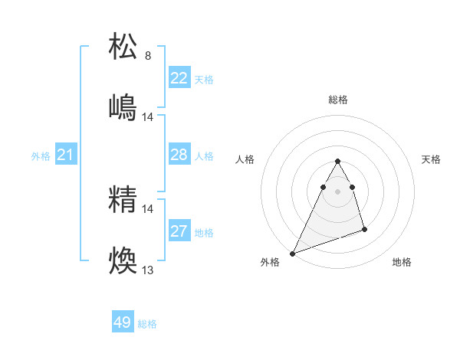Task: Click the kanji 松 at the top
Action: tap(124, 47)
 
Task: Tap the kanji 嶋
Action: tap(124, 108)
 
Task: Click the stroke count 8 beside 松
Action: tap(148, 56)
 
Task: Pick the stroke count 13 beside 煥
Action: tap(148, 270)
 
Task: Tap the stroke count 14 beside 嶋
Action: tap(148, 117)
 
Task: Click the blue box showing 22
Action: tap(179, 78)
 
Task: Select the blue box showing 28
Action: tap(179, 155)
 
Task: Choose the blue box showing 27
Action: tap(179, 231)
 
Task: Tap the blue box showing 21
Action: tap(66, 155)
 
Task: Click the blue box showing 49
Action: tap(123, 323)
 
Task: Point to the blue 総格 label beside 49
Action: tap(147, 324)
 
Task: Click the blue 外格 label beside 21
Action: tap(41, 156)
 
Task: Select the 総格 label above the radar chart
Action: tap(338, 100)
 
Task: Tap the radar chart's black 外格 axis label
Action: tap(271, 262)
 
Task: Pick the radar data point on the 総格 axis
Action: tap(338, 161)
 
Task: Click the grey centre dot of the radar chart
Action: tap(338, 191)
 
